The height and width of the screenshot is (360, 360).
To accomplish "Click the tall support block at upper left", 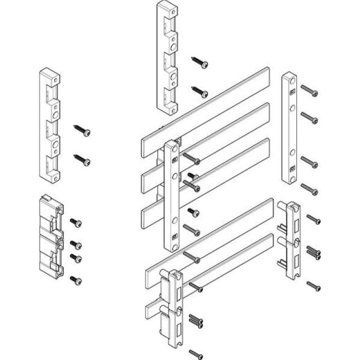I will pos(51,121).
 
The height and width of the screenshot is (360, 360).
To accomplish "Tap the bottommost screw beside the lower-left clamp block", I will pos(75,279).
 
